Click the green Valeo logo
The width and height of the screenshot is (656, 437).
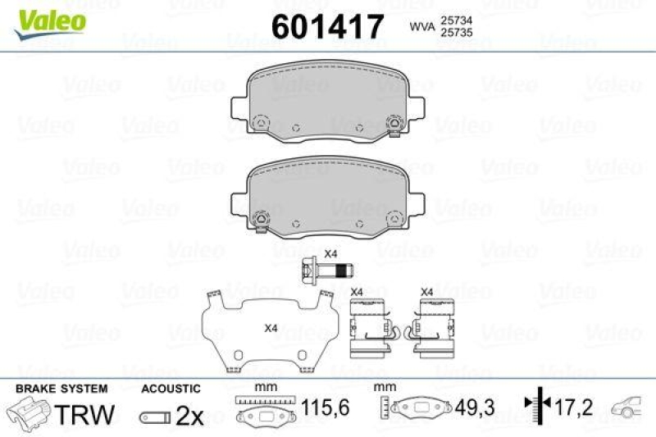click(x=50, y=25)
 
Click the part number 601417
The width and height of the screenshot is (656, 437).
click(x=327, y=26)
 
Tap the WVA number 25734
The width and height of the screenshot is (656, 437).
click(x=456, y=20)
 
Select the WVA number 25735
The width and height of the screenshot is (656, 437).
click(x=456, y=32)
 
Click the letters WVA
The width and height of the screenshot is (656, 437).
click(x=422, y=27)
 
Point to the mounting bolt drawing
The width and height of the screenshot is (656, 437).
click(x=327, y=271)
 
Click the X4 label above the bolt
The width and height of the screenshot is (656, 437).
click(x=330, y=253)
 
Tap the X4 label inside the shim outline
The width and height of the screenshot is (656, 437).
click(x=271, y=328)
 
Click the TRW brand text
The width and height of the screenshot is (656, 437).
click(x=84, y=414)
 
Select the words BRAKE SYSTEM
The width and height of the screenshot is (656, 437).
click(x=61, y=389)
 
